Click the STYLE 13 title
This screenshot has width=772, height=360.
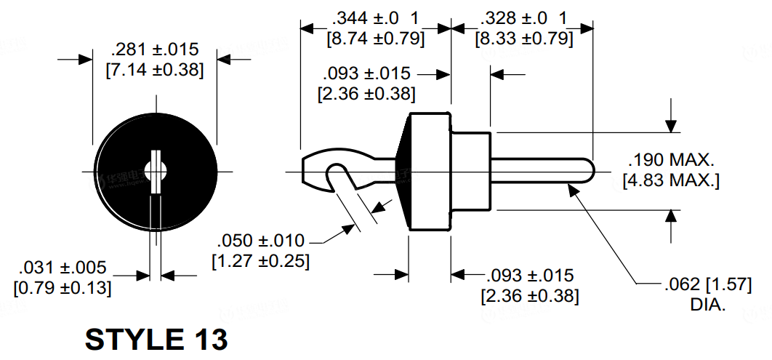156,339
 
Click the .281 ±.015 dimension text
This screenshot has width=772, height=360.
154,50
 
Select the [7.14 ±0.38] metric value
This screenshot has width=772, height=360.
154,71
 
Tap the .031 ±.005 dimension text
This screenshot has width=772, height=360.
63,267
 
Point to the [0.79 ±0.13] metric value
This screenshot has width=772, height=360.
63,287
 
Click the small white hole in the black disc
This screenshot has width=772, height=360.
156,171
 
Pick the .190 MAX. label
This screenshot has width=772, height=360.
672,160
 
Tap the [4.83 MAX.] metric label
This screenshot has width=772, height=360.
671,180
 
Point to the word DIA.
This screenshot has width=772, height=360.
708,304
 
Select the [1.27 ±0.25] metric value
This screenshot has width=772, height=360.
260,260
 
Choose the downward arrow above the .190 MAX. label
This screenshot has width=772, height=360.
670,124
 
